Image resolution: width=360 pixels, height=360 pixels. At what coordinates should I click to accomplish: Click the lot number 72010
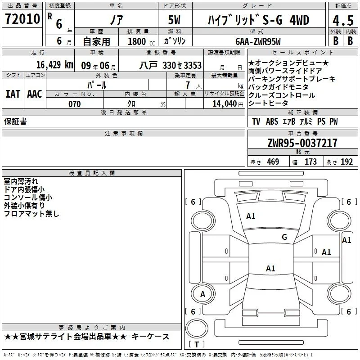tap(22, 19)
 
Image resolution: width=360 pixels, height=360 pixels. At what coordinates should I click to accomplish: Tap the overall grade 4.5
tap(343, 20)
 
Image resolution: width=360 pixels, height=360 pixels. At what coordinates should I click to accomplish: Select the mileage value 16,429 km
tap(55, 65)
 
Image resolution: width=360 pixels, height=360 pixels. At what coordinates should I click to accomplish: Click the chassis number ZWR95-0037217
tap(302, 143)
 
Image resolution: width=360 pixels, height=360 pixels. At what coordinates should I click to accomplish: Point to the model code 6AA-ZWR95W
tap(258, 41)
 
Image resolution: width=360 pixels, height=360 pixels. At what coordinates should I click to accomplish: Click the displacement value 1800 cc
tap(141, 41)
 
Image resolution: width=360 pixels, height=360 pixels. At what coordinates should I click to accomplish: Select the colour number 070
tap(75, 104)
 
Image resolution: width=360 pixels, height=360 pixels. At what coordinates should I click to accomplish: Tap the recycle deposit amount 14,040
tap(225, 104)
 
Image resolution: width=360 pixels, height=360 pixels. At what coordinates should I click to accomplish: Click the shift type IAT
tap(13, 94)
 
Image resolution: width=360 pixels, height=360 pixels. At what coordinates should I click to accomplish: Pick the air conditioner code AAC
tap(35, 94)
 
